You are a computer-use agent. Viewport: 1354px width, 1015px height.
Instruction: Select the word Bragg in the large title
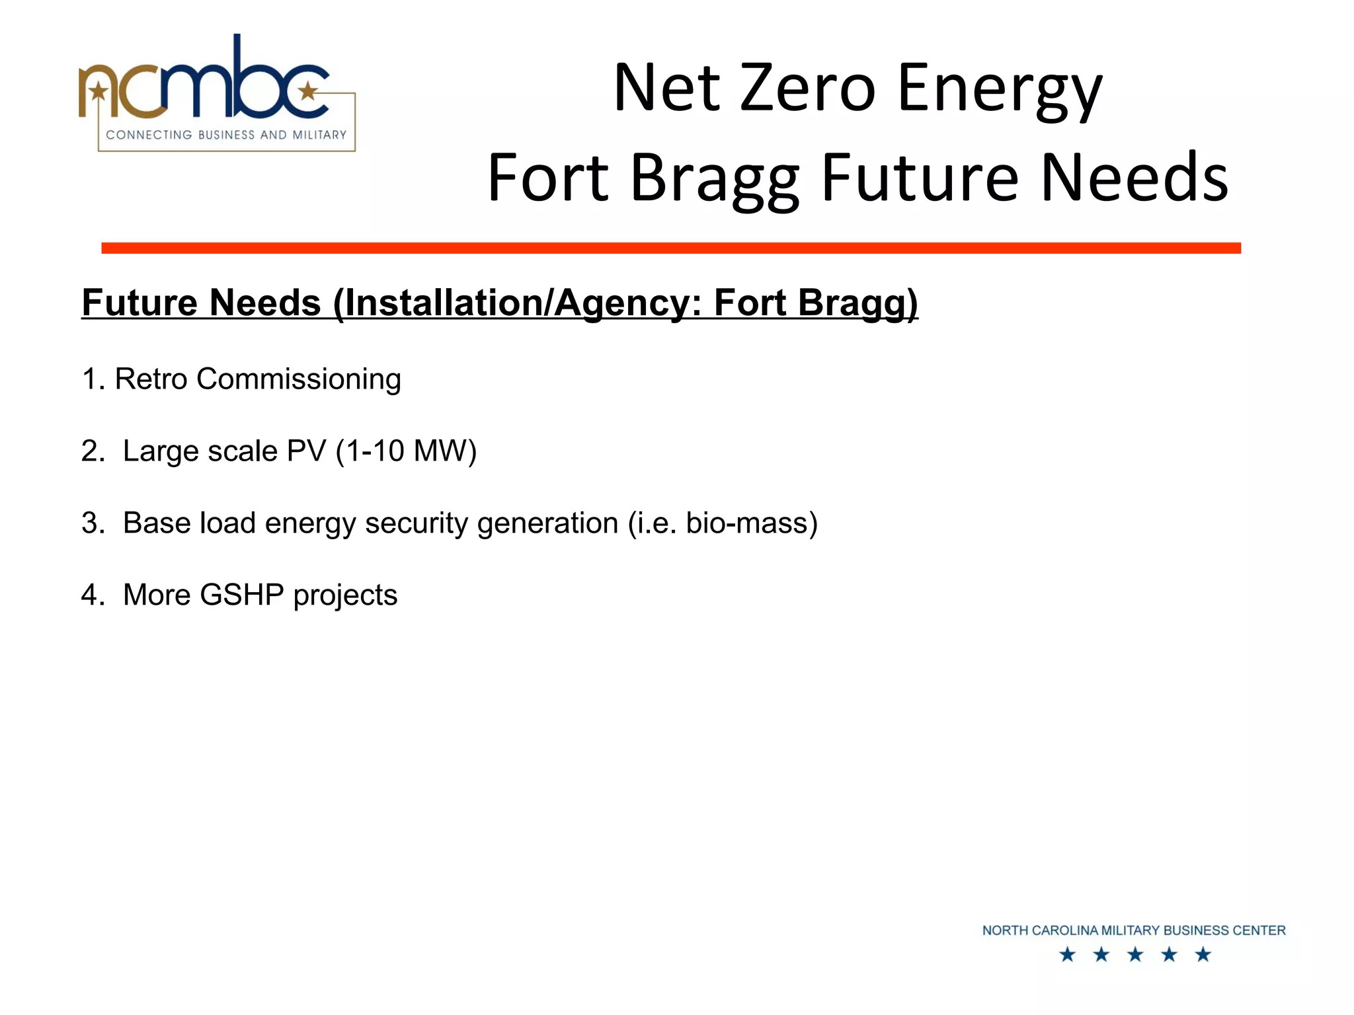714,180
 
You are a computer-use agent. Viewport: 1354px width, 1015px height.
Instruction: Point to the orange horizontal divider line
670,248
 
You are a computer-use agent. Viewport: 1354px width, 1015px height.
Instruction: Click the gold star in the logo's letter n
99,91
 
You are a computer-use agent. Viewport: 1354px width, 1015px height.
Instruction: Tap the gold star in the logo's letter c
307,91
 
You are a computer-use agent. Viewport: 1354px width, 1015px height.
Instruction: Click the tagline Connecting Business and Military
226,135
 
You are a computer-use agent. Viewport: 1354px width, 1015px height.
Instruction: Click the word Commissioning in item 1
298,379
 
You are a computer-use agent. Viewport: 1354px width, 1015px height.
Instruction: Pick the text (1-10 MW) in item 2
406,451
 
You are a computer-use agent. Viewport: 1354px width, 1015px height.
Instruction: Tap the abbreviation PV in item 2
307,451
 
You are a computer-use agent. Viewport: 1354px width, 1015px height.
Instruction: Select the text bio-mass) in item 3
752,523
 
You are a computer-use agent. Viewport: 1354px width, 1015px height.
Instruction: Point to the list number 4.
90,595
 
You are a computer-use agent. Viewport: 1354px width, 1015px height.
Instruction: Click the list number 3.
90,523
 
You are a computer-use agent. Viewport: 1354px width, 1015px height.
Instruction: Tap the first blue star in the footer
1067,954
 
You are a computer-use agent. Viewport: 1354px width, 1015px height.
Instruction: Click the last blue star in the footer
1203,954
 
